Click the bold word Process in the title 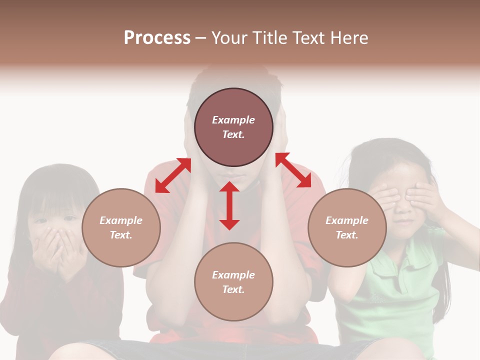click(x=157, y=38)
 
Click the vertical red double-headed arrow click(x=229, y=205)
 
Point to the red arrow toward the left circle click(x=173, y=175)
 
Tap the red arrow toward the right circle click(x=293, y=170)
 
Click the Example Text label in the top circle click(x=233, y=127)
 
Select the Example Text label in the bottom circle click(x=233, y=282)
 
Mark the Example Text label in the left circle click(x=121, y=227)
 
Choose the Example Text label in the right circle click(x=347, y=227)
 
